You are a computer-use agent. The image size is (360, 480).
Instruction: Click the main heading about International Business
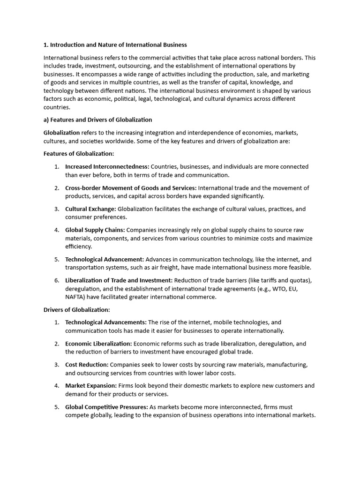click(115, 45)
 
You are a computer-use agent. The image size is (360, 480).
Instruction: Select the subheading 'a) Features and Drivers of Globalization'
click(97, 120)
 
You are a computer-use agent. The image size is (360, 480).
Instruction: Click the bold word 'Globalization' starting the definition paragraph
click(61, 133)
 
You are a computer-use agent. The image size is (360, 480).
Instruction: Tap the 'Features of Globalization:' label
click(79, 154)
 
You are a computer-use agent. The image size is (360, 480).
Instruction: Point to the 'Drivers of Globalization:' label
click(76, 310)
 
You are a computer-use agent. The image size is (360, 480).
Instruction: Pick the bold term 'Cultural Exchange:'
click(90, 209)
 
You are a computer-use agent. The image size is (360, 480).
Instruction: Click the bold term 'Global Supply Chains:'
click(95, 230)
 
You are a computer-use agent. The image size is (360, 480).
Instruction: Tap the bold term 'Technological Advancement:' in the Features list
click(105, 259)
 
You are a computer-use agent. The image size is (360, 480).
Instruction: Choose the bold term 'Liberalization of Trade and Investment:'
click(119, 280)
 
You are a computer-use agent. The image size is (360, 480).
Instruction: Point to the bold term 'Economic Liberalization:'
click(98, 344)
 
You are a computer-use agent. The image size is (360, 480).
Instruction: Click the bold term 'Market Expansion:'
click(91, 386)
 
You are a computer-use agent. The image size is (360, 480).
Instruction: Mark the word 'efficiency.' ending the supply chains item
click(79, 247)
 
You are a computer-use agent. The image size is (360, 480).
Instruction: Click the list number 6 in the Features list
click(56, 280)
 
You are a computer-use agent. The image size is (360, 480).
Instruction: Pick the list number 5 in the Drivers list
click(56, 407)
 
